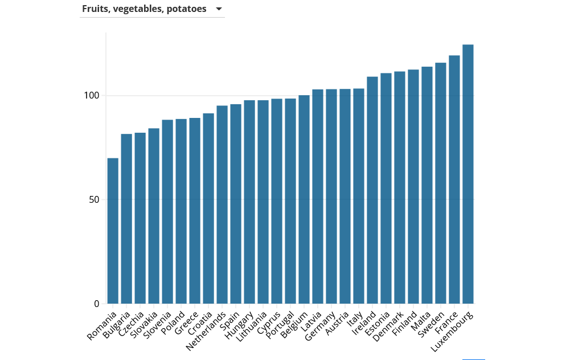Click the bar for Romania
pos(113,231)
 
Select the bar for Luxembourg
pos(468,174)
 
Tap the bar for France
pos(454,179)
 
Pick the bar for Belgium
pos(304,199)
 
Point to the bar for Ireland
pos(372,190)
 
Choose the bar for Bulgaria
pos(126,219)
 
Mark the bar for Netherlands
pos(222,204)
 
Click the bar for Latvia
pos(318,197)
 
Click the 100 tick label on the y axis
pos(91,96)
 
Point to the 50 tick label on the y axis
pos(93,199)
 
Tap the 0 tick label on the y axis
pos(96,304)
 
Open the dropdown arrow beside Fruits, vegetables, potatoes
pos(219,9)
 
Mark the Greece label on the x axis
pos(187,323)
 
